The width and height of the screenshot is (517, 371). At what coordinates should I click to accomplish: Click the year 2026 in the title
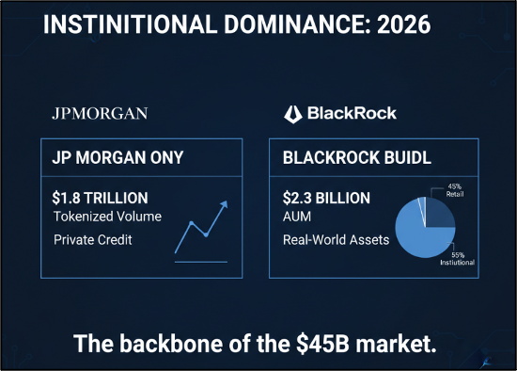[x=403, y=24]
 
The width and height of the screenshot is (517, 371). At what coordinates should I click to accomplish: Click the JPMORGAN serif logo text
[x=100, y=114]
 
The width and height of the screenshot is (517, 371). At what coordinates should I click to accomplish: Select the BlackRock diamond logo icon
[x=292, y=114]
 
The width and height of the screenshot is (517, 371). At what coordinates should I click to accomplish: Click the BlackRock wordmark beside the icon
[x=352, y=113]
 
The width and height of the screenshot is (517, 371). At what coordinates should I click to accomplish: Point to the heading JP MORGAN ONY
[x=117, y=157]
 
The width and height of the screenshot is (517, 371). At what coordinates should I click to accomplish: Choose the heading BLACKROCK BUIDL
[x=357, y=157]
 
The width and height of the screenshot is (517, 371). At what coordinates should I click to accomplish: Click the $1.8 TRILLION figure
[x=100, y=199]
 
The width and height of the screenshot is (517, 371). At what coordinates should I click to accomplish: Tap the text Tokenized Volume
[x=107, y=217]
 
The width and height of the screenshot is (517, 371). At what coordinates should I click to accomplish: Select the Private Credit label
[x=93, y=240]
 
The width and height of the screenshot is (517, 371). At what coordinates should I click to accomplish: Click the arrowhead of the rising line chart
[x=225, y=204]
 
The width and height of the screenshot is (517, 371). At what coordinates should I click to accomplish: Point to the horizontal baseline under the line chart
[x=201, y=262]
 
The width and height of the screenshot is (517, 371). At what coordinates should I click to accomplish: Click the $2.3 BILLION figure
[x=326, y=199]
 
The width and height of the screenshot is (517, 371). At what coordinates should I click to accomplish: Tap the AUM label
[x=297, y=217]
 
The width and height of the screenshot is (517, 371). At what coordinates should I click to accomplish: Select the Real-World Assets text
[x=336, y=240]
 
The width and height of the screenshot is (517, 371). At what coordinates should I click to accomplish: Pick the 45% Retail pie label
[x=455, y=190]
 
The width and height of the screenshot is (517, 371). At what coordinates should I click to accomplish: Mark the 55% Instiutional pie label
[x=458, y=259]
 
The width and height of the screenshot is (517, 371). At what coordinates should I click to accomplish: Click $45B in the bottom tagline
[x=322, y=344]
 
